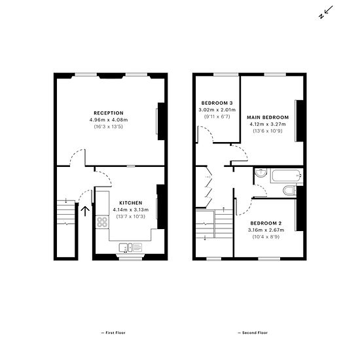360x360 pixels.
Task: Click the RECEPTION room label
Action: tap(109, 113)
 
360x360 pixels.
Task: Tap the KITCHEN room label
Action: tap(131, 203)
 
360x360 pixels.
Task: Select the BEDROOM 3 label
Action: tap(217, 103)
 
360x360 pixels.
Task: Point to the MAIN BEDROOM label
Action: tap(268, 117)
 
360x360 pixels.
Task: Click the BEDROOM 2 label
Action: tap(266, 223)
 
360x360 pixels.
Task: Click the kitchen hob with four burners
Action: tap(102, 222)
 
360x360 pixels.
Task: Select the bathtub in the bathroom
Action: tap(286, 176)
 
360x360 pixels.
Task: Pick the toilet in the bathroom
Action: tap(290, 190)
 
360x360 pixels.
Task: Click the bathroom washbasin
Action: tap(261, 173)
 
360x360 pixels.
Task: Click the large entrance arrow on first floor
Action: tap(85, 211)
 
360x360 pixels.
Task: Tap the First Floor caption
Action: tap(113, 333)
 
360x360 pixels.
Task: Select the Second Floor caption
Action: tap(253, 333)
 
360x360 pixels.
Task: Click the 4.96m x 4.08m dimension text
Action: tap(109, 120)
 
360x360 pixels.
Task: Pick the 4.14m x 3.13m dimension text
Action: tap(131, 210)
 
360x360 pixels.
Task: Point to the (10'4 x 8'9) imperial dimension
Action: tap(266, 237)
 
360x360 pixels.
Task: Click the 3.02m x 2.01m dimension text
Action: tap(217, 110)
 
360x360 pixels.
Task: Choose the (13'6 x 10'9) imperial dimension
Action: tap(268, 131)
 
